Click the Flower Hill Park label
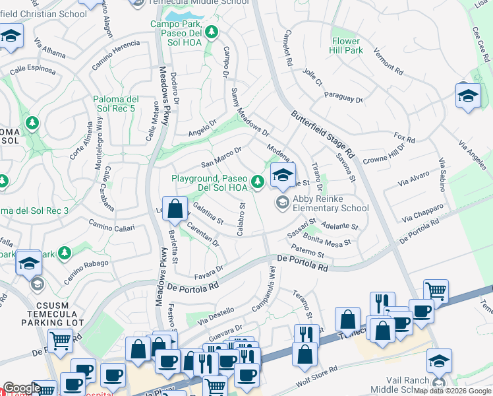347,46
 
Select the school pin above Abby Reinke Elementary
283,176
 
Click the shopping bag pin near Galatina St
175,210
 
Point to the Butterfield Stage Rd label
323,138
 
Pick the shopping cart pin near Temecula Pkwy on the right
436,291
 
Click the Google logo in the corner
21,388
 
